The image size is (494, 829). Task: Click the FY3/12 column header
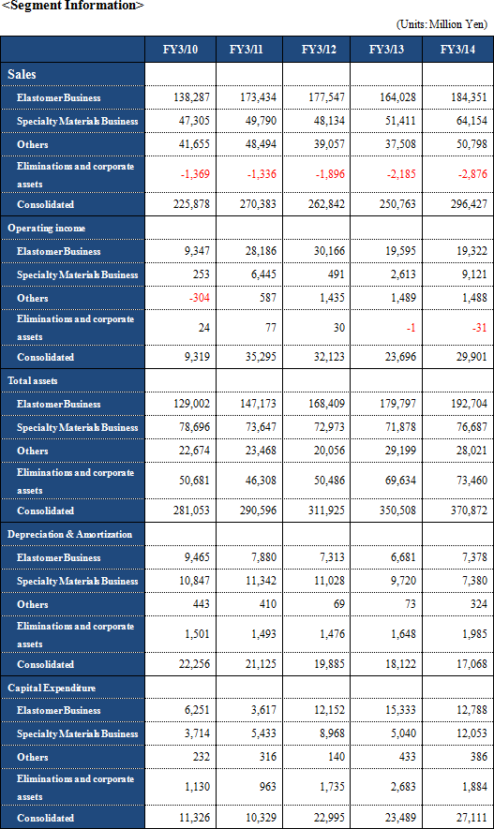tap(319, 50)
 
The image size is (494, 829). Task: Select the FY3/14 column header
tap(457, 50)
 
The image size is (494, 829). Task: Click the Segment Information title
tap(72, 6)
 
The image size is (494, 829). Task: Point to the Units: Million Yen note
tap(442, 24)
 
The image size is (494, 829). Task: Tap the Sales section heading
tap(22, 75)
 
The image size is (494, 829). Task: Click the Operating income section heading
tap(47, 228)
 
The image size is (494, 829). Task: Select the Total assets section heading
tap(33, 380)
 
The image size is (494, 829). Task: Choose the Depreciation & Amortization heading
tap(69, 534)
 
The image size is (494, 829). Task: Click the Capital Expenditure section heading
tap(52, 688)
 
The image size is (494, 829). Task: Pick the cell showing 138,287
tap(191, 97)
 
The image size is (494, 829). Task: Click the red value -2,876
tap(472, 174)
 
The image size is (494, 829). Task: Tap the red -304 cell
tap(200, 298)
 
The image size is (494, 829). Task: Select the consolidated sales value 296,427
tap(469, 204)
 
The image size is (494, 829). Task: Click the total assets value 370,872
tap(469, 511)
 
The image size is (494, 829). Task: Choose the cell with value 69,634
tap(400, 481)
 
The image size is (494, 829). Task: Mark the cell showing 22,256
tap(194, 664)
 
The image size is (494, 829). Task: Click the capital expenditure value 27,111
tap(472, 818)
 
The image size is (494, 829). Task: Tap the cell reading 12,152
tap(330, 710)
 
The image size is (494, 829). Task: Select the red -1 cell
tap(411, 328)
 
